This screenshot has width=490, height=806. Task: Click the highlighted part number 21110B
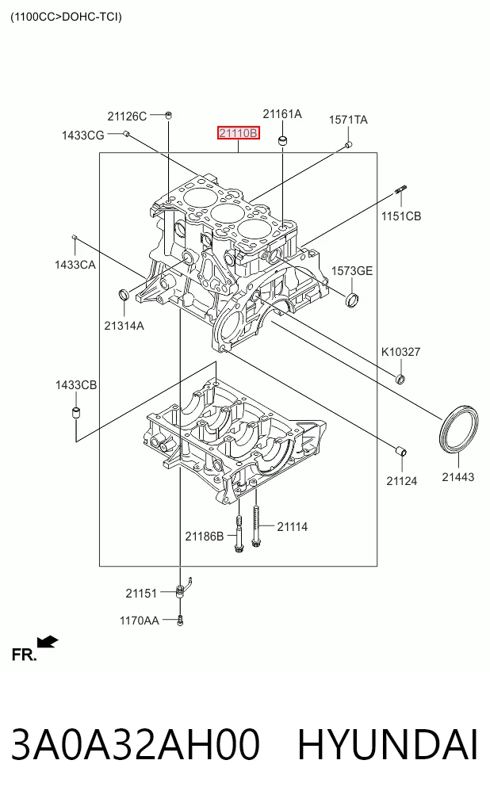tap(238, 134)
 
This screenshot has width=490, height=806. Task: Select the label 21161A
tap(282, 114)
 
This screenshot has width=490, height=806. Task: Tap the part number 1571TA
tap(348, 120)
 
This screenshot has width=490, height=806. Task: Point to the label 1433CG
tap(82, 136)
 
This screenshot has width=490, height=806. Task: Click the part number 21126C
tap(127, 117)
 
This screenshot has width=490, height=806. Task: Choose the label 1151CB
tap(401, 216)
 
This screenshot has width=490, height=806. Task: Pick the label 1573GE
tap(352, 271)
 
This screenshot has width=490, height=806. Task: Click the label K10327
tap(400, 352)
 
